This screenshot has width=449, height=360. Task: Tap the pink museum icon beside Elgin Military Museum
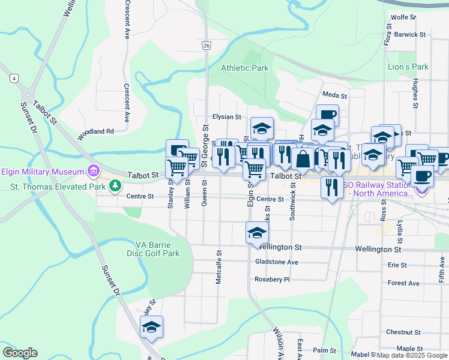pyautogui.click(x=92, y=172)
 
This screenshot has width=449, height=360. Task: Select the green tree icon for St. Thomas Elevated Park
pyautogui.click(x=114, y=187)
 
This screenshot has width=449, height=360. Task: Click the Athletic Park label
pyautogui.click(x=244, y=68)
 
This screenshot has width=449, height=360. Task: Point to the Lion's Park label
pyautogui.click(x=408, y=67)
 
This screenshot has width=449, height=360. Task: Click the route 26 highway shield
pyautogui.click(x=206, y=45)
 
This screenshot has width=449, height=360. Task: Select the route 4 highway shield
pyautogui.click(x=13, y=78)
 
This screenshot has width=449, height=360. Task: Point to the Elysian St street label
pyautogui.click(x=226, y=117)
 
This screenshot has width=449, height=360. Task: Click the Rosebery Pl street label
pyautogui.click(x=272, y=279)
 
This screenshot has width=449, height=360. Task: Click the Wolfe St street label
pyautogui.click(x=403, y=17)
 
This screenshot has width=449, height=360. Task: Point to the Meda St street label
pyautogui.click(x=334, y=95)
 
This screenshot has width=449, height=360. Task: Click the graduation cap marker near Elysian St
pyautogui.click(x=262, y=128)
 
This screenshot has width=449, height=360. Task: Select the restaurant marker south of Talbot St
pyautogui.click(x=332, y=187)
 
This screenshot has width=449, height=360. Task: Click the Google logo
pyautogui.click(x=20, y=353)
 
